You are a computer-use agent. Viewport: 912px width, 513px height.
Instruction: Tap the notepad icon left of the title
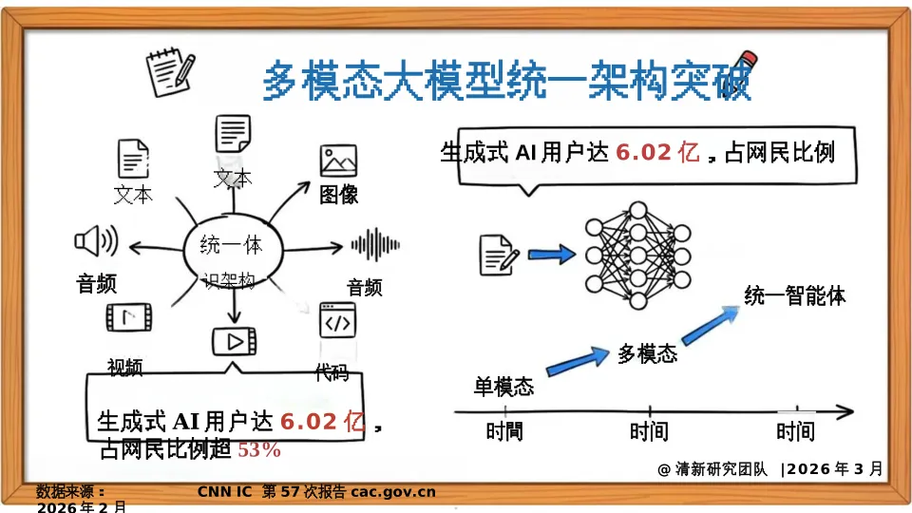click(x=170, y=72)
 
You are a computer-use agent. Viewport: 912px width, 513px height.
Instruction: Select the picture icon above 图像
click(x=338, y=161)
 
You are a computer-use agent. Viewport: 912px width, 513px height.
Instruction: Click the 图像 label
click(x=338, y=195)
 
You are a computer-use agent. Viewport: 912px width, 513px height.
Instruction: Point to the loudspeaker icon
click(x=95, y=242)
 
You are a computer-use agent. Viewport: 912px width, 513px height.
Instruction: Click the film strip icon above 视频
click(x=127, y=317)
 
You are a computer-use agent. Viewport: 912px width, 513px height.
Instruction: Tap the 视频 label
click(x=125, y=367)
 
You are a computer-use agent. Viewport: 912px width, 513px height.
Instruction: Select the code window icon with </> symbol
click(x=337, y=322)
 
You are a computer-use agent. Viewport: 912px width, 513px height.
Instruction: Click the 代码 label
click(x=332, y=372)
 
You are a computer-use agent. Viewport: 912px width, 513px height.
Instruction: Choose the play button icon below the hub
click(x=234, y=339)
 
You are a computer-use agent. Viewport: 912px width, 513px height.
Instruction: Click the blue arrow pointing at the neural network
click(x=552, y=254)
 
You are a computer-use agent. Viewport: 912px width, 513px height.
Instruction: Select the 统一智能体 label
click(x=794, y=295)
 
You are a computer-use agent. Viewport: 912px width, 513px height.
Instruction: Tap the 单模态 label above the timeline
click(x=503, y=387)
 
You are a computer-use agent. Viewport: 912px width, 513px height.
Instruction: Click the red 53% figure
click(x=258, y=450)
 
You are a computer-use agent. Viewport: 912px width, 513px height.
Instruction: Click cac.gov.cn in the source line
click(x=393, y=491)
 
